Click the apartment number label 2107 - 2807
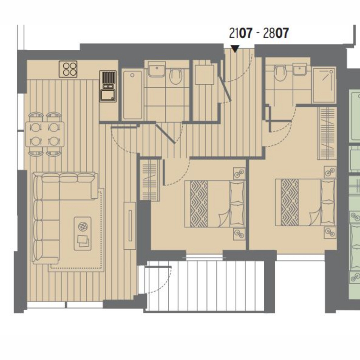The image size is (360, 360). click(x=259, y=33)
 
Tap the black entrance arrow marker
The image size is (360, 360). click(x=235, y=49)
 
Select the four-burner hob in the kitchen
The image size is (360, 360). click(x=68, y=69)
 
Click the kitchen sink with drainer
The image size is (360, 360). click(x=108, y=86)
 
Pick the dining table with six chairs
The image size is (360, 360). click(x=45, y=134)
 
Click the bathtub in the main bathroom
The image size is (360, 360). click(x=133, y=95)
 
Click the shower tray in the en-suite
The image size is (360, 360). click(x=324, y=85)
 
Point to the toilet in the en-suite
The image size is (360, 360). click(x=280, y=73)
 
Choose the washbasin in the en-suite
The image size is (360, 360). click(x=300, y=69)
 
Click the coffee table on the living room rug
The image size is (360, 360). click(x=82, y=233)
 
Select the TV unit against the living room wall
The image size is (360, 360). click(x=130, y=226)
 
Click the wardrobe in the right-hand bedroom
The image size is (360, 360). click(x=327, y=133)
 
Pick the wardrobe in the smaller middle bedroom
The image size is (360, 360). click(x=150, y=180)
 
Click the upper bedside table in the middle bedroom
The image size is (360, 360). click(x=239, y=174)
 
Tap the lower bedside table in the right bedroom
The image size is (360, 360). click(x=330, y=232)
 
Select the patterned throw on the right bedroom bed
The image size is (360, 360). click(x=289, y=202)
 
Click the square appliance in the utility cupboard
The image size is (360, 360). click(x=205, y=75)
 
